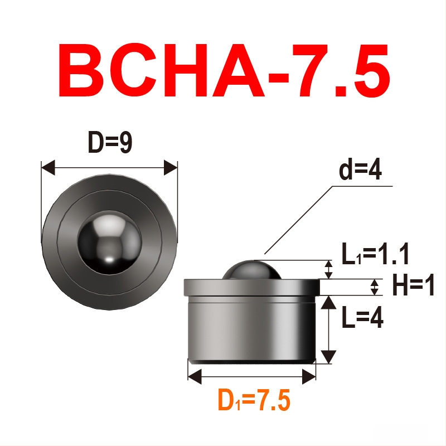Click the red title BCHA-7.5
coord(224,70)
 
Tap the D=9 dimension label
coord(110,142)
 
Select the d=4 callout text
coord(360,170)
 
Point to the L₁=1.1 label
coord(375,254)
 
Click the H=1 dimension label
coord(413,285)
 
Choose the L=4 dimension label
coord(362,317)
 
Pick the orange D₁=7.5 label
coord(254,400)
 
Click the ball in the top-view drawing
coord(109,243)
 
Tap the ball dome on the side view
coord(252,270)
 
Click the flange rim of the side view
coord(252,288)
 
